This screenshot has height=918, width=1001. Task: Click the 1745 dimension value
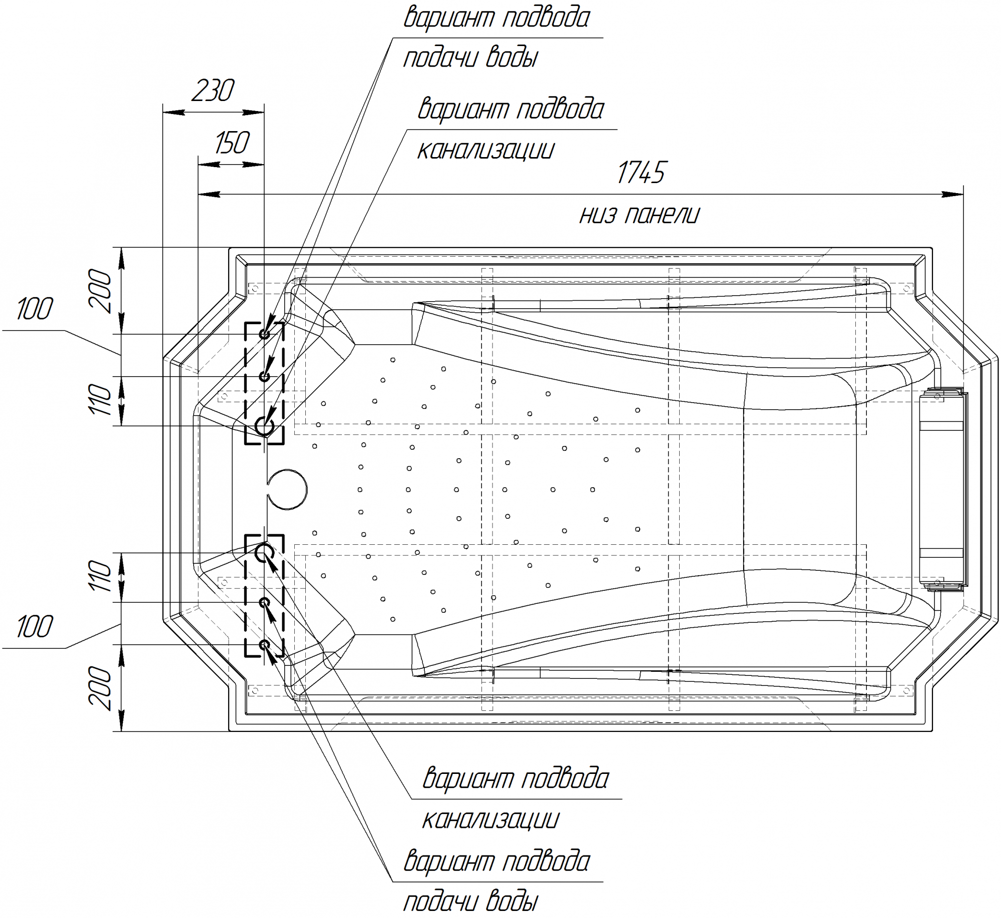[641, 173]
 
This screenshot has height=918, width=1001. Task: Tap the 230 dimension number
[213, 91]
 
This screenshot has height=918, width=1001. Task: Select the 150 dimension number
[232, 143]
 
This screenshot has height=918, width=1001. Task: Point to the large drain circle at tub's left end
[287, 489]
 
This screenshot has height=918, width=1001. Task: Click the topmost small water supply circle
[264, 334]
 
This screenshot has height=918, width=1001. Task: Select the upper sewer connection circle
[264, 426]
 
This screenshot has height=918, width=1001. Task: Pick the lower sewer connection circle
[264, 553]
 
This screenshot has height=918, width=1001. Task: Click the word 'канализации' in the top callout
[485, 150]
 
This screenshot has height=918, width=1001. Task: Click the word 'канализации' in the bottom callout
[490, 819]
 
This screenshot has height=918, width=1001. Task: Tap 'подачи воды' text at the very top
[470, 58]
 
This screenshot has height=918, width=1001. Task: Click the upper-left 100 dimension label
[34, 309]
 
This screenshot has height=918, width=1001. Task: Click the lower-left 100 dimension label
[34, 626]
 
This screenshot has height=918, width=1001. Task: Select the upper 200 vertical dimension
[100, 291]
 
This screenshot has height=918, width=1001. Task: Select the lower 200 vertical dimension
[100, 688]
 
